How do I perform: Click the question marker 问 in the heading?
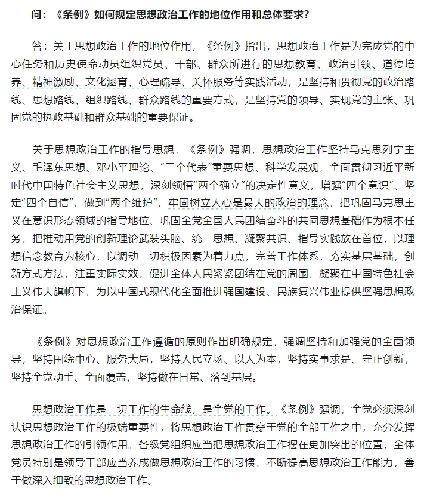(36, 14)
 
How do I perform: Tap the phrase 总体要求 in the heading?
(279, 14)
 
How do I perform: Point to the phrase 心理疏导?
(193, 81)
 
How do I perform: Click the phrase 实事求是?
(320, 360)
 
